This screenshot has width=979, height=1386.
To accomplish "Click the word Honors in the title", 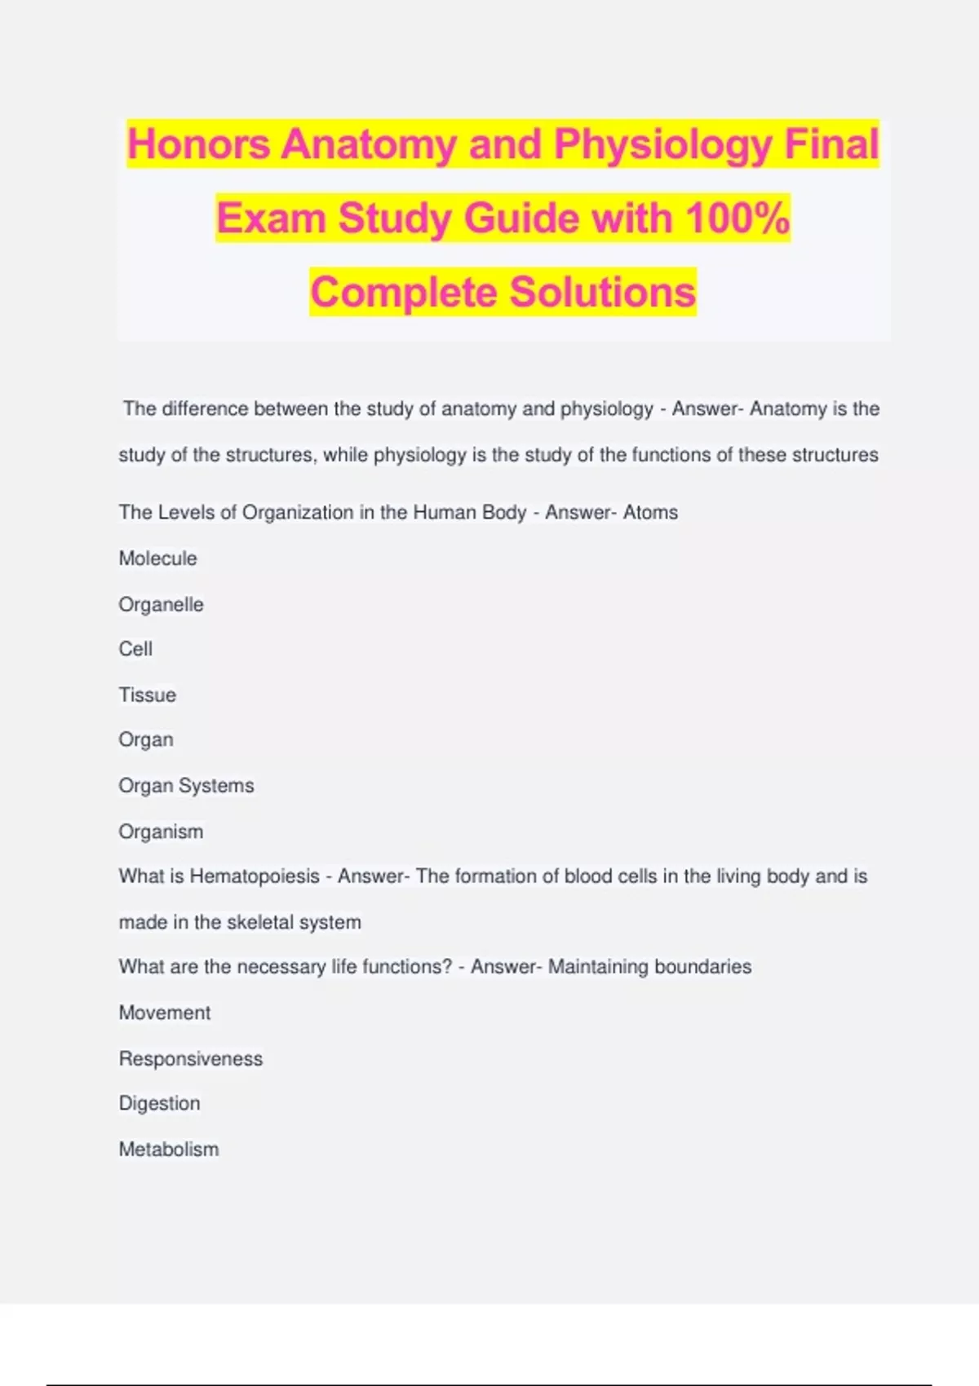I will pos(198,144).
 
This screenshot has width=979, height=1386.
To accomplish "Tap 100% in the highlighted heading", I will pos(738,218).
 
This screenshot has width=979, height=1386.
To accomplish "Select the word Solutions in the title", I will pos(603,293).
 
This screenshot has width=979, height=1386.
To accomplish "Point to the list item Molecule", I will pos(157,558).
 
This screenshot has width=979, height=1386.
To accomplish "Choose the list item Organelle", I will pos(161,604).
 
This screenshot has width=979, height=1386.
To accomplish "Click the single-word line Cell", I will pos(135,649).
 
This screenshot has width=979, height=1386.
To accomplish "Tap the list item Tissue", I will pos(147,695).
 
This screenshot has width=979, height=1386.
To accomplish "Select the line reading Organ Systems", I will pos(186,785).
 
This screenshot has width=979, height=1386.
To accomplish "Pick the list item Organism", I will pos(161,832).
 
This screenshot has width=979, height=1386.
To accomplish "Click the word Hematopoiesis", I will pos(255,876).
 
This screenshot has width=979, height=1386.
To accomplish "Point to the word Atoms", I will pos(650,513).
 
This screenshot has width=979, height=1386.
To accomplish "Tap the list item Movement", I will pos(164,1013).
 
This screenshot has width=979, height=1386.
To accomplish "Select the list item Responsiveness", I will pos(190,1058).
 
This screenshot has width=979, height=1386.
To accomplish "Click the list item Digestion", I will pos(159,1103).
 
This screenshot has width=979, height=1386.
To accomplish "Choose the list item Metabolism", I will pos(168,1150).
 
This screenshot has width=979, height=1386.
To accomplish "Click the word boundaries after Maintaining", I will pos(702,967).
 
